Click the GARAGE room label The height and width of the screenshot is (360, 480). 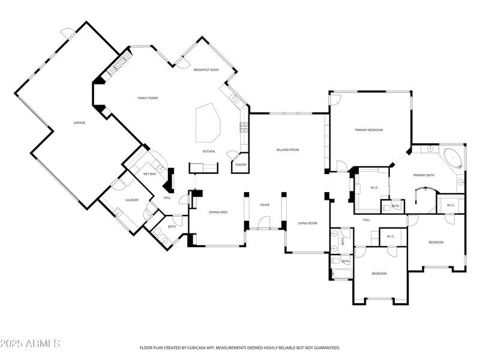(x=79, y=122)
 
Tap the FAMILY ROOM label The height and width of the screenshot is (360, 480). (x=148, y=98)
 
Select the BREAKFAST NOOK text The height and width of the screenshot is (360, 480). (x=206, y=70)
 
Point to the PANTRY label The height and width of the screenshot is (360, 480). (x=241, y=164)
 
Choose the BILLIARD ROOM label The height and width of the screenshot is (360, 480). (x=287, y=149)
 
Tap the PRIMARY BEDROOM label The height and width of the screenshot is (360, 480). (x=368, y=130)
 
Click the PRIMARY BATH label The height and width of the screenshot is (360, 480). (x=424, y=175)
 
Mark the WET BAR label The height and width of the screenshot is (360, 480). (x=149, y=173)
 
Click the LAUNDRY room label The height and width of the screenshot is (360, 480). (x=132, y=200)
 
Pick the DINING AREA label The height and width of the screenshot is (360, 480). (x=218, y=212)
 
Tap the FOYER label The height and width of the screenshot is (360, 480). (x=265, y=205)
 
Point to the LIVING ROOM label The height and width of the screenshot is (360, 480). (x=307, y=223)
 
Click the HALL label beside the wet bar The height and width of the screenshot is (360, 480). (x=167, y=197)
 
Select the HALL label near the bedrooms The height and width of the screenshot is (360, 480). (x=366, y=220)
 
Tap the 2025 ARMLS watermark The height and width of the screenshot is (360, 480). (x=30, y=344)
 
